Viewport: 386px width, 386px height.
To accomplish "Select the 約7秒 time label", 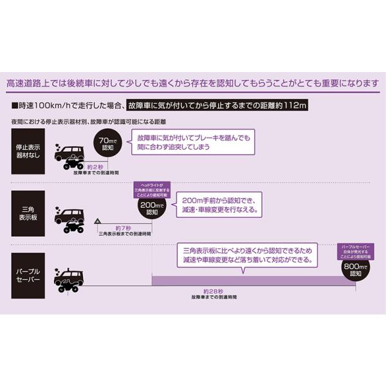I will click(124, 228).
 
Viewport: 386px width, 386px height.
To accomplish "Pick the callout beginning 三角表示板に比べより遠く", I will click(248, 255).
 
